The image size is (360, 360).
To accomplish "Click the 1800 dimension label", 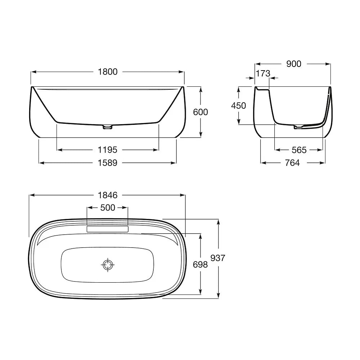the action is [108, 72].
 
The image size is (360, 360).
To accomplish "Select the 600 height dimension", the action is [201, 112].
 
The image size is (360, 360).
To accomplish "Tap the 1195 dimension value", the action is [107, 150].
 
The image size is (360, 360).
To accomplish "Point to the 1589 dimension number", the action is [107, 163].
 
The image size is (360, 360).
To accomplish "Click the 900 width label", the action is [294, 64].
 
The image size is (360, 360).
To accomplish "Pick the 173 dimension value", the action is [263, 73].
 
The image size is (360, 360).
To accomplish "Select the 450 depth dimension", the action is [239, 105].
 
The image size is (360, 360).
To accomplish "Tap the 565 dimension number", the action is [299, 150].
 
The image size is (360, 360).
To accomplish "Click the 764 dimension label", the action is [292, 163].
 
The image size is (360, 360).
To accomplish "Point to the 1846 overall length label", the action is [107, 195].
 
